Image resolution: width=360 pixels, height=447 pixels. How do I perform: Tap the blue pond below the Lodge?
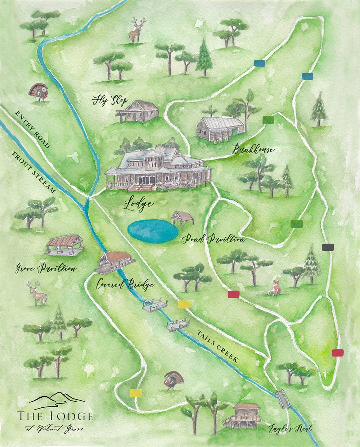click(153, 230)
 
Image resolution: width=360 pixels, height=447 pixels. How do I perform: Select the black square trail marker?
click(328, 247)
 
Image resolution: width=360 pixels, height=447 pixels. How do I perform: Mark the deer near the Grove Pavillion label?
click(38, 293)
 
